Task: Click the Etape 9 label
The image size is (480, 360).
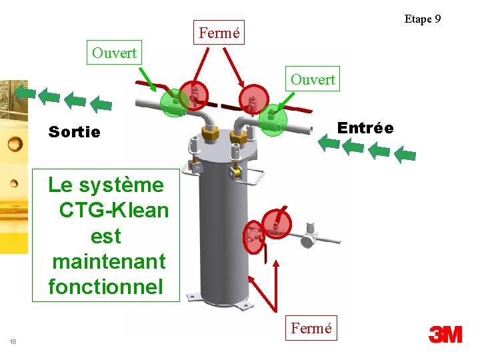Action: tap(422, 19)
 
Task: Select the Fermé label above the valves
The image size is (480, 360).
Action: tap(219, 32)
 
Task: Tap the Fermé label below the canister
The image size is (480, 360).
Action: tap(311, 328)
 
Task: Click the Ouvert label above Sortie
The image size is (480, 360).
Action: tap(114, 53)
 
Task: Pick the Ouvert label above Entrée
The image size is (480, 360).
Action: tap(313, 79)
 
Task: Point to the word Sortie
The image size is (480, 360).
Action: tap(74, 132)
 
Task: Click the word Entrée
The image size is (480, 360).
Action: tap(365, 127)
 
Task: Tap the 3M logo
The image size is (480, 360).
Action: tap(445, 334)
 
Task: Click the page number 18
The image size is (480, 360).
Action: tap(13, 342)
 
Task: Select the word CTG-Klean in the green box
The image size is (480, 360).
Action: tap(113, 210)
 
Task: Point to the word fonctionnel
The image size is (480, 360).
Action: tap(105, 287)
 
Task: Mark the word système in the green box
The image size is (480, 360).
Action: tap(133, 185)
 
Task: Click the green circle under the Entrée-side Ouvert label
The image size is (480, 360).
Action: tap(273, 120)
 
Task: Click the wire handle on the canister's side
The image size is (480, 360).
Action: tap(250, 176)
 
